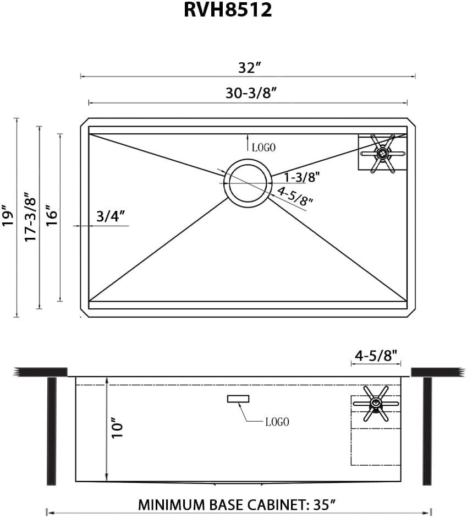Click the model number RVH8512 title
[228, 10]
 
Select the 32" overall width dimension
[249, 68]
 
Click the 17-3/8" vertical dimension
[30, 216]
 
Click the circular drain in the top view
[248, 182]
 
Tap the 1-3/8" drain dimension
[301, 177]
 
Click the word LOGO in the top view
[263, 148]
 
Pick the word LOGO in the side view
[277, 422]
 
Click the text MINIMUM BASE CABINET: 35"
[237, 504]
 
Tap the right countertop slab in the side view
[438, 372]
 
